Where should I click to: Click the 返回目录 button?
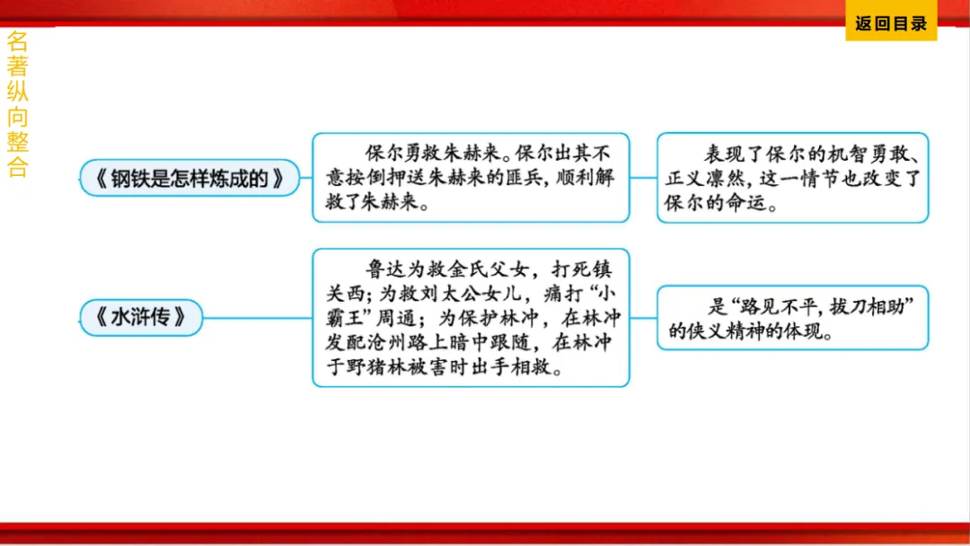pyautogui.click(x=890, y=24)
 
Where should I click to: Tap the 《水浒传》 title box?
pyautogui.click(x=142, y=318)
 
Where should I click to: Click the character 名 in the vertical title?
pyautogui.click(x=17, y=41)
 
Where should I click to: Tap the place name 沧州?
pyautogui.click(x=405, y=343)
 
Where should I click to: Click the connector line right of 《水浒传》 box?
pyautogui.click(x=258, y=318)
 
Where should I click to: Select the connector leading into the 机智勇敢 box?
pyautogui.click(x=643, y=178)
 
